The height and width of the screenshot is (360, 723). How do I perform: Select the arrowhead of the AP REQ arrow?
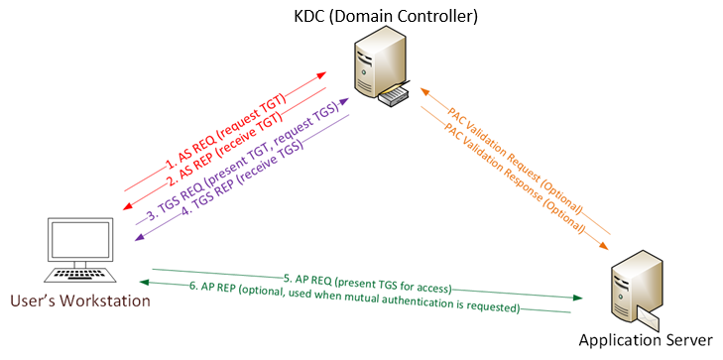576,297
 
